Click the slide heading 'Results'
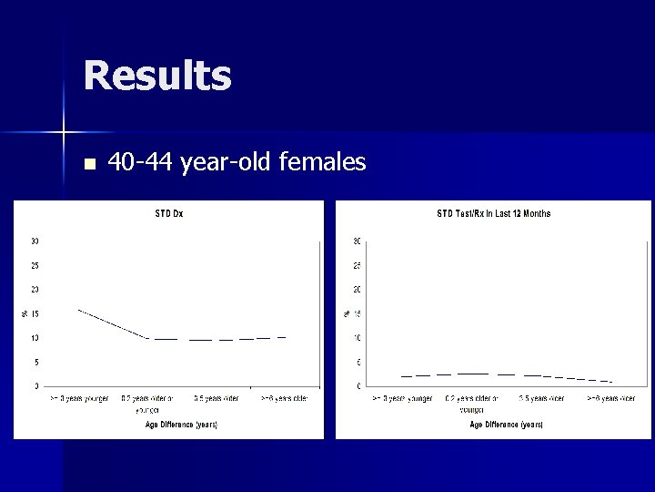157,76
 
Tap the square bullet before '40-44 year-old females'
88,165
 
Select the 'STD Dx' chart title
168,214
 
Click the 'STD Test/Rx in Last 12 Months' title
494,214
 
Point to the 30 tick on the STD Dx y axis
35,241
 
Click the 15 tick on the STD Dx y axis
35,313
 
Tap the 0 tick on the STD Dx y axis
36,386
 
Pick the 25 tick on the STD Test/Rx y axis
358,265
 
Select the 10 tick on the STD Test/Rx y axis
358,338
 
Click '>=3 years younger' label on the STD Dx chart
79,398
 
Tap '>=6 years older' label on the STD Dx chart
284,398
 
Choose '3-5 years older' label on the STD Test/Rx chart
540,398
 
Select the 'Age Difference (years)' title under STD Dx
181,425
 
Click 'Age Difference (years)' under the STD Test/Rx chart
506,425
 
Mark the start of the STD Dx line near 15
79,310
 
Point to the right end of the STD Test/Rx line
611,381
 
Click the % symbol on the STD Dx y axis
25,313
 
